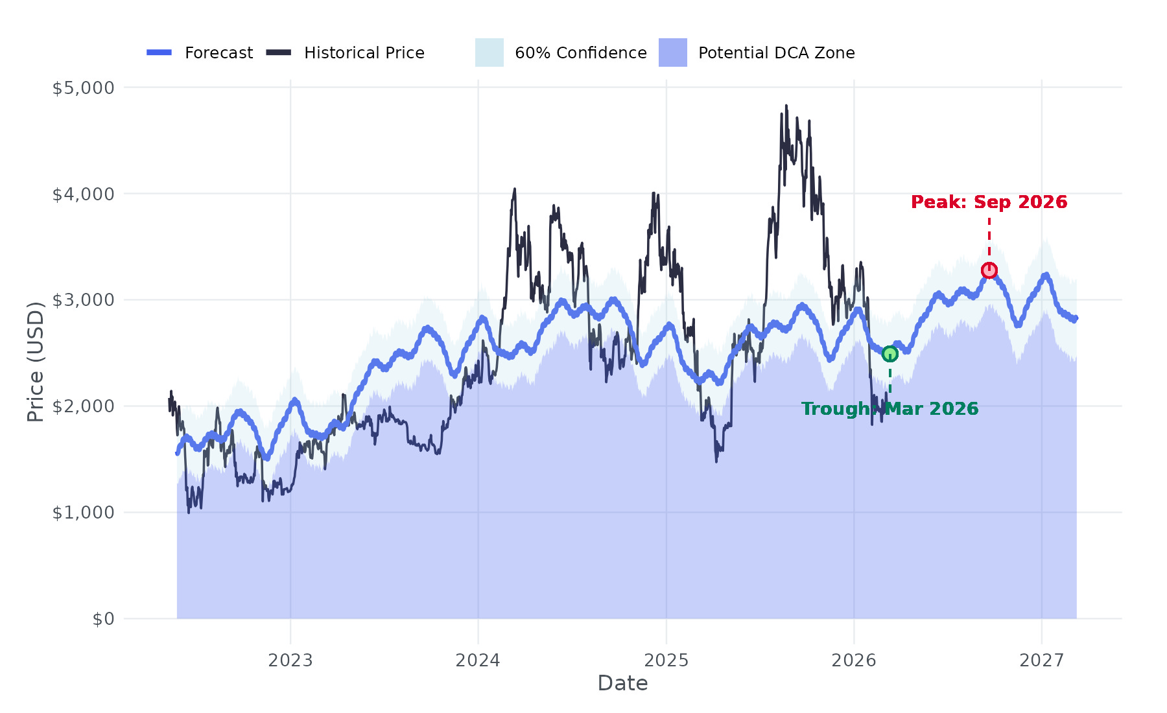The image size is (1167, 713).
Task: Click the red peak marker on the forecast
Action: point(989,270)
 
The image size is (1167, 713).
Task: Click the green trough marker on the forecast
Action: point(890,354)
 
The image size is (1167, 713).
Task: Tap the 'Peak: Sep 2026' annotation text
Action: point(989,202)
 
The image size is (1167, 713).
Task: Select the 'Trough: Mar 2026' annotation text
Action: point(890,409)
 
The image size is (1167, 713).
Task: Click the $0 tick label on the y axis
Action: point(103,619)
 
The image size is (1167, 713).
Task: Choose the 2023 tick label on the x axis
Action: point(290,660)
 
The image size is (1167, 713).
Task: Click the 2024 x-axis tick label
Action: point(478,660)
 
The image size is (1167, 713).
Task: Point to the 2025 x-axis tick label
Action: point(666,660)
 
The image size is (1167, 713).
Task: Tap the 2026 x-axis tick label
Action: point(854,660)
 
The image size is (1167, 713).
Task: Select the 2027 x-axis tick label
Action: point(1041,660)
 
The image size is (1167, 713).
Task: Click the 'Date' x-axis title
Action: point(622,683)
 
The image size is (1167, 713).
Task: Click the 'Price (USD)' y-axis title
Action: point(36,362)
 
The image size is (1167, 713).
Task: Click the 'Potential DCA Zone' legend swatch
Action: point(672,53)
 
